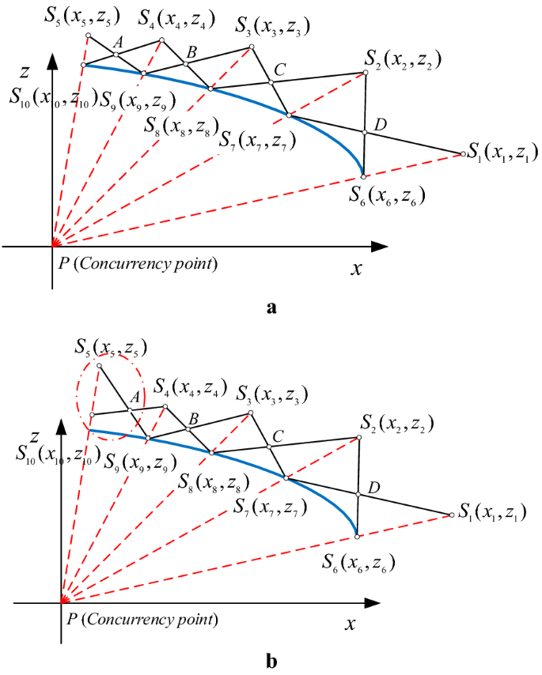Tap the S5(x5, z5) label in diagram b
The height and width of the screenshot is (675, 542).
click(111, 347)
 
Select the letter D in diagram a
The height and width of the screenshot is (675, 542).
click(381, 123)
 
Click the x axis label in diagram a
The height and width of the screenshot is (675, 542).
click(357, 269)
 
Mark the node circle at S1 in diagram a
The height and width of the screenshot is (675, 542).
click(462, 154)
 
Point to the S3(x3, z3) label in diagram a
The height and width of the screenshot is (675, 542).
click(272, 28)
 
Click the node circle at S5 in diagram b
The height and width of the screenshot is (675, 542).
click(99, 366)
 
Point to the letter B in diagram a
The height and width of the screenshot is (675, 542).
click(190, 53)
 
